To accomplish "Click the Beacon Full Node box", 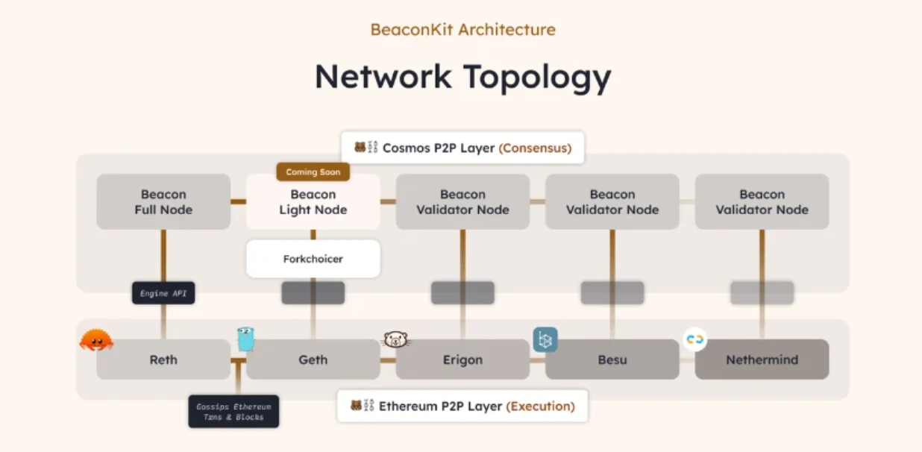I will coord(163,202).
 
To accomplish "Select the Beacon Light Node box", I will coord(313,202).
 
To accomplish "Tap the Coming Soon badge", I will coord(313,172).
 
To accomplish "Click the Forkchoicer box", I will coord(313,259).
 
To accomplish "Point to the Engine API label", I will coord(163,293).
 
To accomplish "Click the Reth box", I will coord(163,360).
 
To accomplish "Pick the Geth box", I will coord(313,360).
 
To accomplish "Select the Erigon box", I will coord(462,360).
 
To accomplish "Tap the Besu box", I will coord(612,360).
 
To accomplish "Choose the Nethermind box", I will coord(762,360).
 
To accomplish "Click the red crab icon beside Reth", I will coord(96,340).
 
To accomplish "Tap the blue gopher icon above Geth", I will coord(246,339).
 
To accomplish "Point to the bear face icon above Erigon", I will coord(396,340).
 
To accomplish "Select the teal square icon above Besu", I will coord(545,339).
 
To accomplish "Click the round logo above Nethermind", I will coord(694,339).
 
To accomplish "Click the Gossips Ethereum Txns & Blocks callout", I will coord(233,412).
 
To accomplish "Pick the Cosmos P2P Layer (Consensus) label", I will coord(462,148).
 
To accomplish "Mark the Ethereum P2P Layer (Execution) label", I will coord(462,407).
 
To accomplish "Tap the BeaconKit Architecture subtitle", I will coord(462,30).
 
